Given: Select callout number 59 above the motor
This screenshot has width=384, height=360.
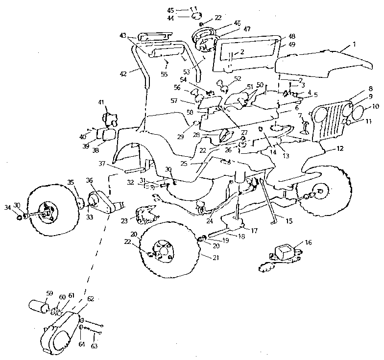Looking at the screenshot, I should (x=49, y=294).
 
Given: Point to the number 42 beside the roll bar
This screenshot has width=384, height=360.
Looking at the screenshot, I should (x=123, y=73).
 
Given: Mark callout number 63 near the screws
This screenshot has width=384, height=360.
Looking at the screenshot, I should (x=95, y=346).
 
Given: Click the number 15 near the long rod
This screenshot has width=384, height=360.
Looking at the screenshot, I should (x=289, y=221).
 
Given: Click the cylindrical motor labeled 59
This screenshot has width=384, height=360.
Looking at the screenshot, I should (x=38, y=307).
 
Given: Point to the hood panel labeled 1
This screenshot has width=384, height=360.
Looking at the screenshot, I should (x=318, y=61).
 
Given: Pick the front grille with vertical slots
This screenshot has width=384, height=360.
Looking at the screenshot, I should (x=333, y=122).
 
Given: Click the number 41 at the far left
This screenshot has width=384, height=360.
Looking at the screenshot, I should (x=101, y=102).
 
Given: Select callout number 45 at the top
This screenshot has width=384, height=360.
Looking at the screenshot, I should (x=170, y=10).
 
